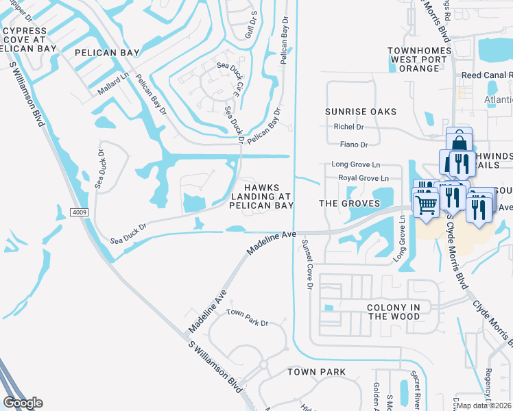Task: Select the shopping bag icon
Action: [458, 142]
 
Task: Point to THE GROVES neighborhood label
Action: [350, 204]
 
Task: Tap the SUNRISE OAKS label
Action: [361, 112]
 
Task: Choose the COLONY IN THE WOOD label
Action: [394, 312]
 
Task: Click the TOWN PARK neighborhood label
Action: [316, 372]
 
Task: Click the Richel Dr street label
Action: [348, 127]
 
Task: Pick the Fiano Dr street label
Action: [354, 145]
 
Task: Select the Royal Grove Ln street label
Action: [363, 178]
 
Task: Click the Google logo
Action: [23, 403]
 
